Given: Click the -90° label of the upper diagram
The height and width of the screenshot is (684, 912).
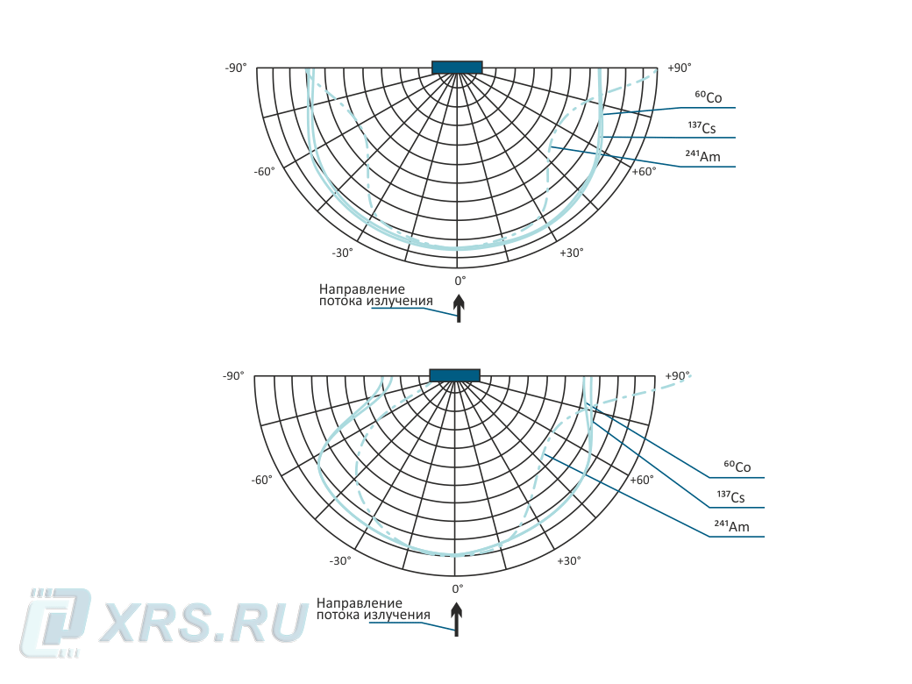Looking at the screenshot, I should pyautogui.click(x=236, y=68).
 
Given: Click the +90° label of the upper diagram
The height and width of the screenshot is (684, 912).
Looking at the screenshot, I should pyautogui.click(x=680, y=68).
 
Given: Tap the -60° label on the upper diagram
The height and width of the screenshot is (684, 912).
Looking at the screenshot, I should pyautogui.click(x=264, y=171).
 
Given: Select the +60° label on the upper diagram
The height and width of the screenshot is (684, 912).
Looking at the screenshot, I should pyautogui.click(x=644, y=171).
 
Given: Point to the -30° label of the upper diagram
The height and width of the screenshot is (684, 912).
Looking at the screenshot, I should pyautogui.click(x=342, y=253).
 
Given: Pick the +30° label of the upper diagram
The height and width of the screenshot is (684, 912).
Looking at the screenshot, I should pyautogui.click(x=571, y=253).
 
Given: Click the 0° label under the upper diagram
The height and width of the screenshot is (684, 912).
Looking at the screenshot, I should pyautogui.click(x=460, y=281).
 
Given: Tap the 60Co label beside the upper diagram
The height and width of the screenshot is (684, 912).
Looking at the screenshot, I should pyautogui.click(x=709, y=98).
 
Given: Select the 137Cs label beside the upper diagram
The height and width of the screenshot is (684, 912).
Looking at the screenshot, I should pyautogui.click(x=702, y=129).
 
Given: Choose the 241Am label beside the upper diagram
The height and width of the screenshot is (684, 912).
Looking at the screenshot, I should pyautogui.click(x=702, y=157).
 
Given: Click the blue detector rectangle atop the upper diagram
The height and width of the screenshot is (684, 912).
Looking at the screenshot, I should pyautogui.click(x=457, y=68).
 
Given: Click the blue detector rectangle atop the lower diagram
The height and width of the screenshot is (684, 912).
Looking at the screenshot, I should pyautogui.click(x=454, y=375).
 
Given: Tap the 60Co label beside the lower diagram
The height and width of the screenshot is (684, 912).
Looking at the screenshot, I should pyautogui.click(x=737, y=467).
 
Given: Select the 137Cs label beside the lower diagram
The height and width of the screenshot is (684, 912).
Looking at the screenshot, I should pyautogui.click(x=731, y=497).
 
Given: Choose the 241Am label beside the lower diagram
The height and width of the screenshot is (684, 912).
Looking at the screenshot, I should pyautogui.click(x=731, y=526).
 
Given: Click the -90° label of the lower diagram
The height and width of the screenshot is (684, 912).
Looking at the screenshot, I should pyautogui.click(x=233, y=376).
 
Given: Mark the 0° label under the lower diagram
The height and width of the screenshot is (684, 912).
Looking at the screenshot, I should pyautogui.click(x=457, y=589).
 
